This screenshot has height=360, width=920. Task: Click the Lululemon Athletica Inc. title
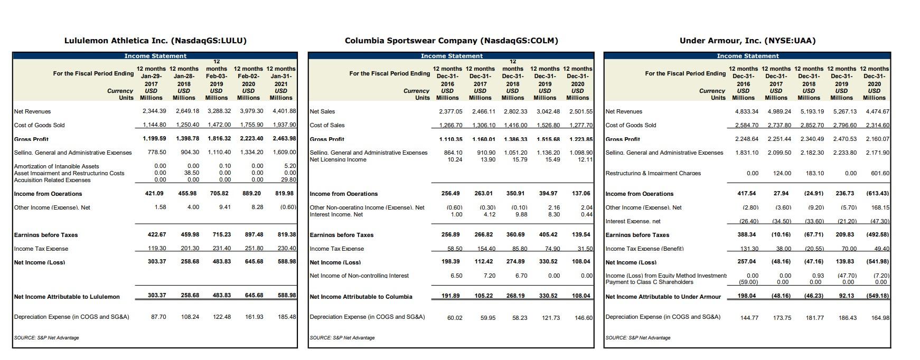click(x=155, y=41)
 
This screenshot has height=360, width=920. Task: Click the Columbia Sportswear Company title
click(x=451, y=41)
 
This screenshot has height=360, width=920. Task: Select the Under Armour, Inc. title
click(x=747, y=41)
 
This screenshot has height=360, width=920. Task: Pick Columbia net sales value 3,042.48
click(x=549, y=111)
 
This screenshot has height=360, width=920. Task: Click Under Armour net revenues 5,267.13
click(x=844, y=111)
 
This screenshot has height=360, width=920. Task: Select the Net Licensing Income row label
click(x=338, y=159)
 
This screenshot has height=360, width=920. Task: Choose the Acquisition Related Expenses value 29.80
click(x=289, y=180)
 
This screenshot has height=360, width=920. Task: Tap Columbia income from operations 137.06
click(x=581, y=194)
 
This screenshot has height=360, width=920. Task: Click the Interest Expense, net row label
click(x=633, y=221)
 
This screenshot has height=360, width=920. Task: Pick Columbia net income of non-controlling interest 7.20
click(x=489, y=276)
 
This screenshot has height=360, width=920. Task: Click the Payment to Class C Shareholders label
click(x=649, y=282)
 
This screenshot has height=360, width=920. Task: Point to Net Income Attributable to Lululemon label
click(x=67, y=297)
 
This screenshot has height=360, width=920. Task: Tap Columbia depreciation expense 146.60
click(x=583, y=318)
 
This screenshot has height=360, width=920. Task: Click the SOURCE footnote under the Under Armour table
click(x=638, y=338)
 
